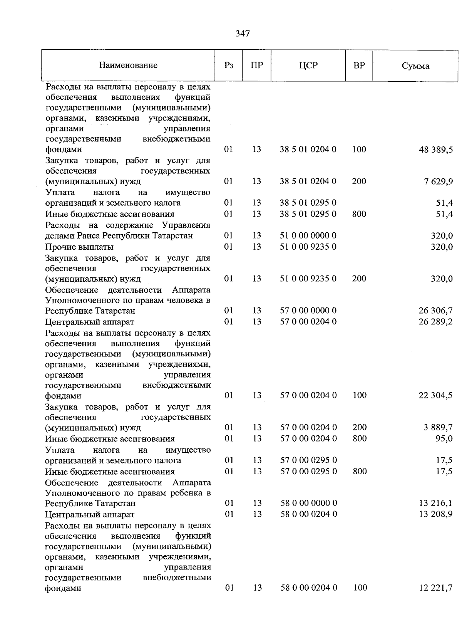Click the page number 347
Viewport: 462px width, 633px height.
(243, 34)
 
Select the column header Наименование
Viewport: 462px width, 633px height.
(128, 65)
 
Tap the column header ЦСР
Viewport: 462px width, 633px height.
(308, 65)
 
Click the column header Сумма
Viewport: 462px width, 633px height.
(415, 66)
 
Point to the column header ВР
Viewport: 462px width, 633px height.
(359, 65)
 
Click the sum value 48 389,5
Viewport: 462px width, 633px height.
(435, 149)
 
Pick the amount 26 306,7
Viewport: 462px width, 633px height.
(435, 311)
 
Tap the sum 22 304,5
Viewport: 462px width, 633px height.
(435, 395)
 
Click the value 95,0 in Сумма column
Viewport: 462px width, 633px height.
(444, 438)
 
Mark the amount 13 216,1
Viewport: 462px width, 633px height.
(435, 503)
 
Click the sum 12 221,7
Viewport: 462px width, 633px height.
(435, 588)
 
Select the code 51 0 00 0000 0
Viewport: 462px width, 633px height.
(308, 235)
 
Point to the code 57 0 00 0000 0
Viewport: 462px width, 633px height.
(308, 311)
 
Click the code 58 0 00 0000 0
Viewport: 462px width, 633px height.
(308, 503)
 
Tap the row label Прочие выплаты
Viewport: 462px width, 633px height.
(79, 247)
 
